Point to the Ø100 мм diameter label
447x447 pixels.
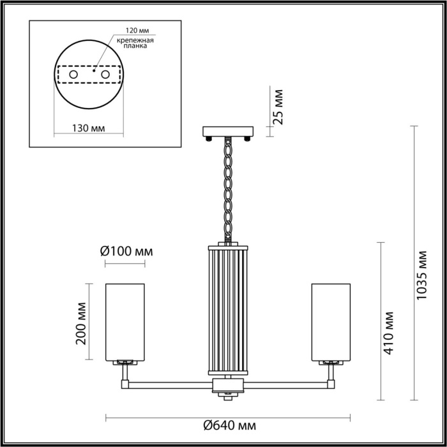pyautogui.click(x=126, y=252)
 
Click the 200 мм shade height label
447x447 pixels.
pyautogui.click(x=80, y=322)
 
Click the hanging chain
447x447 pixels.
pyautogui.click(x=228, y=192)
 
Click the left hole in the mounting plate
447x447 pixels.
pyautogui.click(x=74, y=75)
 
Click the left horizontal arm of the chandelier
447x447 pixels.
pyautogui.click(x=169, y=384)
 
